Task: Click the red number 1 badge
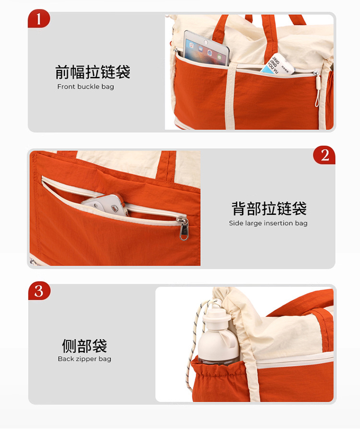tap(39, 19)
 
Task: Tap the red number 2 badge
tap(324, 155)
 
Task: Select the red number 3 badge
tap(39, 291)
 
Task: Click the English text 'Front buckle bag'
tap(85, 86)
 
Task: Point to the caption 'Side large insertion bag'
tap(268, 223)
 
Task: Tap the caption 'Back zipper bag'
tap(84, 359)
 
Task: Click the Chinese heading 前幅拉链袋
tap(93, 72)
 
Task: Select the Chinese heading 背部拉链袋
tap(269, 209)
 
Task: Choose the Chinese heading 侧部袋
tap(84, 346)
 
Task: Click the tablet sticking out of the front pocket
tap(206, 49)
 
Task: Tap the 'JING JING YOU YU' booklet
tap(276, 65)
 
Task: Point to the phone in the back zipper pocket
tap(106, 205)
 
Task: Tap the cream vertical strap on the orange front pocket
tap(230, 96)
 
